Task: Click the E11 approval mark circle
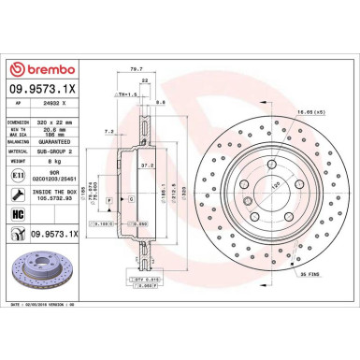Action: point(20,174)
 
